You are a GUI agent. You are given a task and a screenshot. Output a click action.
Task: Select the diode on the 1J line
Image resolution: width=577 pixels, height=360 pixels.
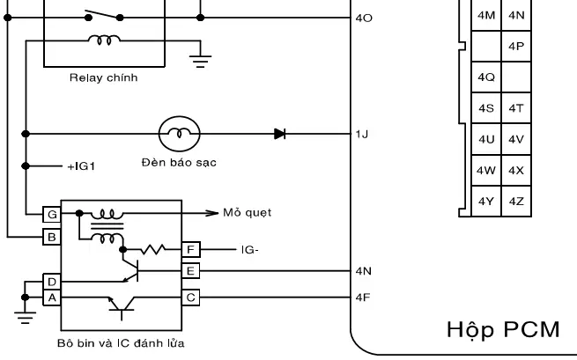coord(279,135)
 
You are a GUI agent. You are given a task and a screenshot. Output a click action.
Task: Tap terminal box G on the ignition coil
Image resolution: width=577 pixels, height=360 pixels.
coord(51,213)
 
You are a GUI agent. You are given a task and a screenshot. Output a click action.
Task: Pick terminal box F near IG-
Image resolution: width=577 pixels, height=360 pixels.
coord(189,250)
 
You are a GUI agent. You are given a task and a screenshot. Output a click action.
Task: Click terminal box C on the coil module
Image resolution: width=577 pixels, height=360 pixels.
coord(189,297)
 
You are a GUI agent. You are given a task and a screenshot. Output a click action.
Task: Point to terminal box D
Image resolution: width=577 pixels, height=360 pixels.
coord(51,282)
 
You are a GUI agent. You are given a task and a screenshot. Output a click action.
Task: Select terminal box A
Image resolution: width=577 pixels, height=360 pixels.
coord(51,298)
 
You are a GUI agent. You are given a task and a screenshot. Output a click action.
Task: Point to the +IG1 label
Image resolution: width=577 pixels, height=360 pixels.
coord(81,165)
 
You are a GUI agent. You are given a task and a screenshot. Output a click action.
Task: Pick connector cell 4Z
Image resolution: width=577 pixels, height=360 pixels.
coord(516,202)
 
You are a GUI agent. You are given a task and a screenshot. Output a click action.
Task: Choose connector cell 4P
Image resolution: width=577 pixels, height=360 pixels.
coord(516,45)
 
